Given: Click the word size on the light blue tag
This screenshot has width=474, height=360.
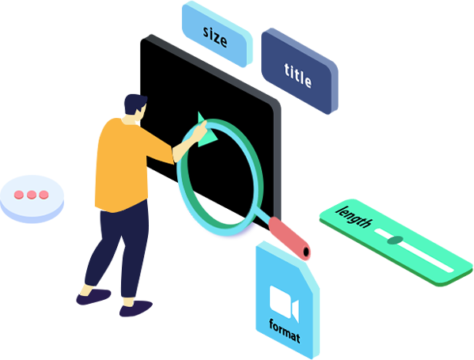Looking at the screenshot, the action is pos(214,36).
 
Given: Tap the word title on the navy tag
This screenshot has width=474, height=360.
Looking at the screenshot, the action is pos(298,75).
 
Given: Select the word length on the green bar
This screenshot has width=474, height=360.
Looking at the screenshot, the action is pos(354,217).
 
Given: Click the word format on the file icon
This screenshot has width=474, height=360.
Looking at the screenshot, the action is pos(285,332).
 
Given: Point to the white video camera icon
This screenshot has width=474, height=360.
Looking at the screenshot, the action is pos(284,303).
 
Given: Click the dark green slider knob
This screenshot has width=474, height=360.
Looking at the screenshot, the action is pos(395,240).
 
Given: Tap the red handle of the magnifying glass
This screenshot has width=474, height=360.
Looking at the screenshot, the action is pos(290,238).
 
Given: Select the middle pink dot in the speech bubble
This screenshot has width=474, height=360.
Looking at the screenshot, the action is pos(32,195).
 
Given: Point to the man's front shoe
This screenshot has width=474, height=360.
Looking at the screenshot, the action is pos(135,309).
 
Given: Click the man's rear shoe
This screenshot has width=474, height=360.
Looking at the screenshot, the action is pos(93,297).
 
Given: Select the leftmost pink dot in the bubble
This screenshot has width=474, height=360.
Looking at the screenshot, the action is pos(19,195).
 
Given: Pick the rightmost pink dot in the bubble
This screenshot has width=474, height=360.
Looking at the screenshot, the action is pos(44,195).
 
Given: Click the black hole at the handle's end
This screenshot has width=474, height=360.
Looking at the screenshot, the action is pos(306,252).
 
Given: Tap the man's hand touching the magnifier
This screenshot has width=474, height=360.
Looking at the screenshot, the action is pos(199,131).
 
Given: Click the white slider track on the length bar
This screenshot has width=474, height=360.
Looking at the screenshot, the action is pos(414,251).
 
